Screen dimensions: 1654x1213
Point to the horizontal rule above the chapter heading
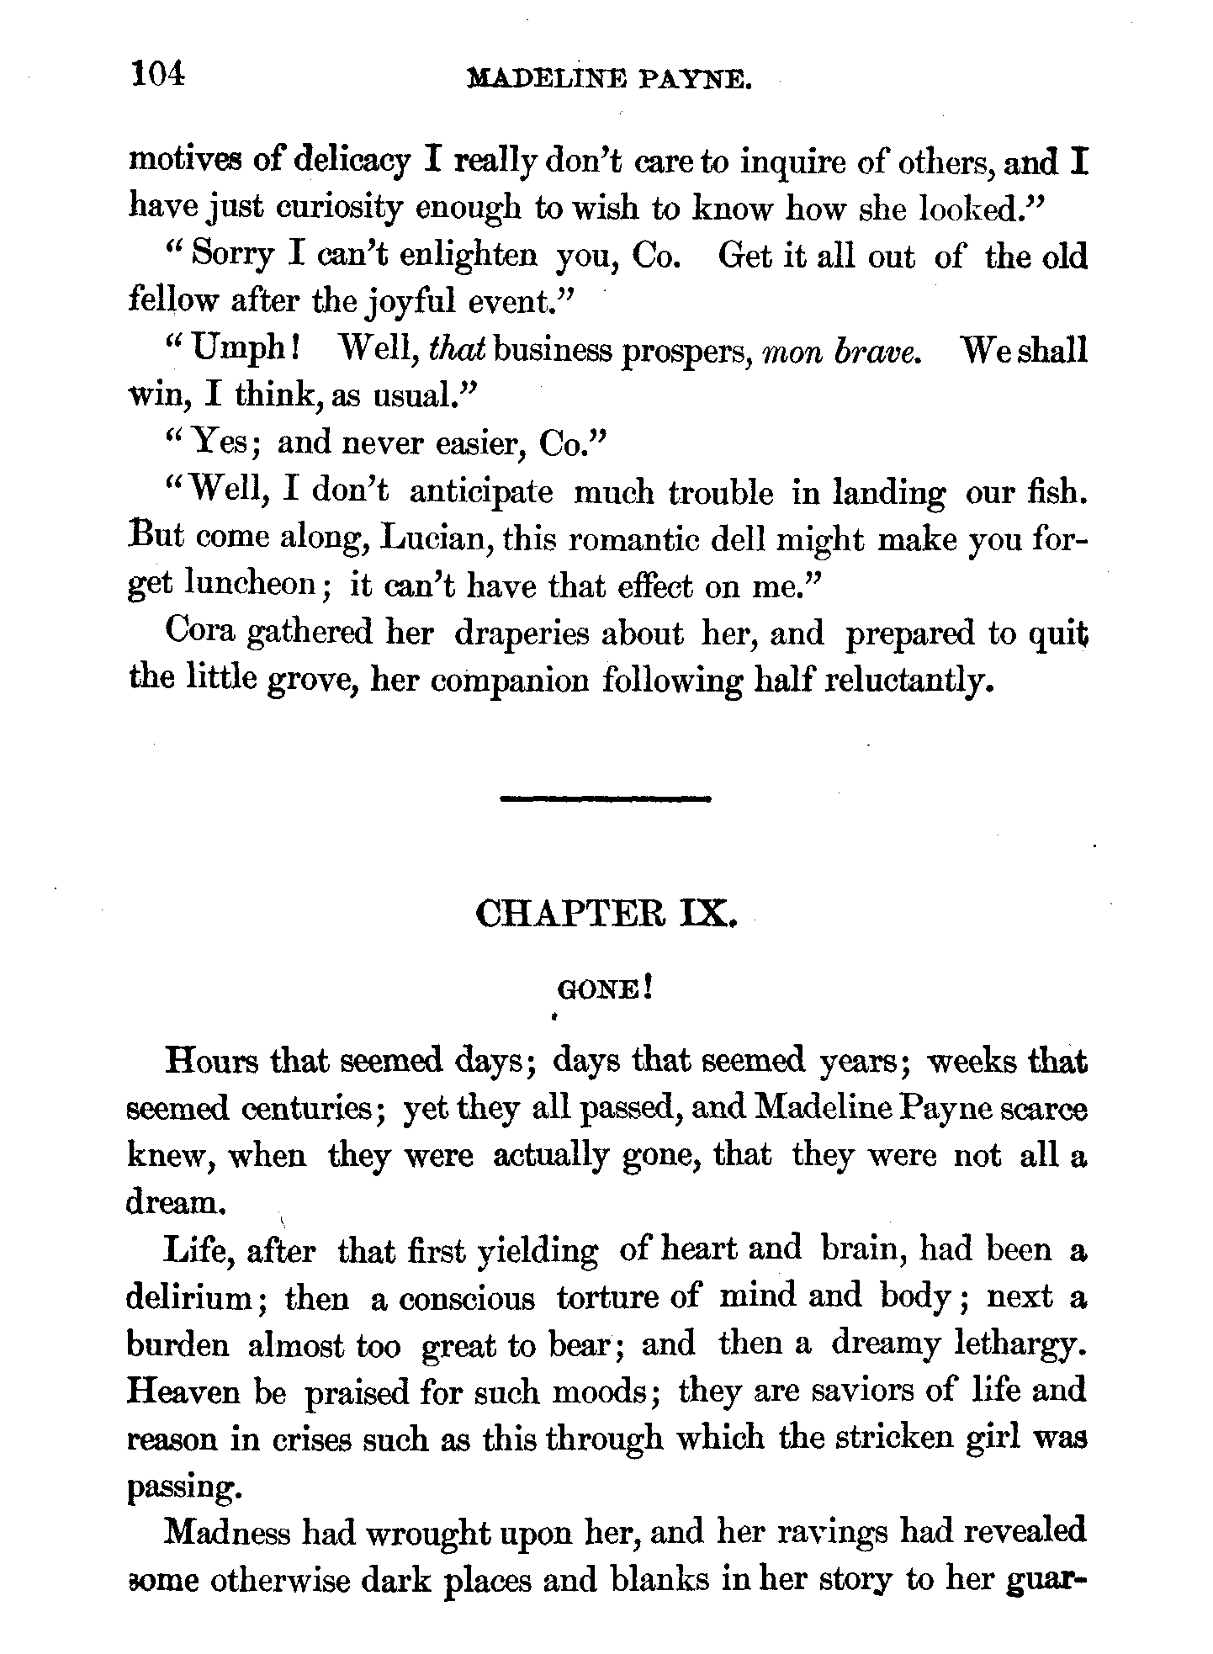(x=606, y=798)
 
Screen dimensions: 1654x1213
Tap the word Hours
(x=214, y=1060)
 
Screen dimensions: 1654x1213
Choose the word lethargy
(x=1020, y=1346)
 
